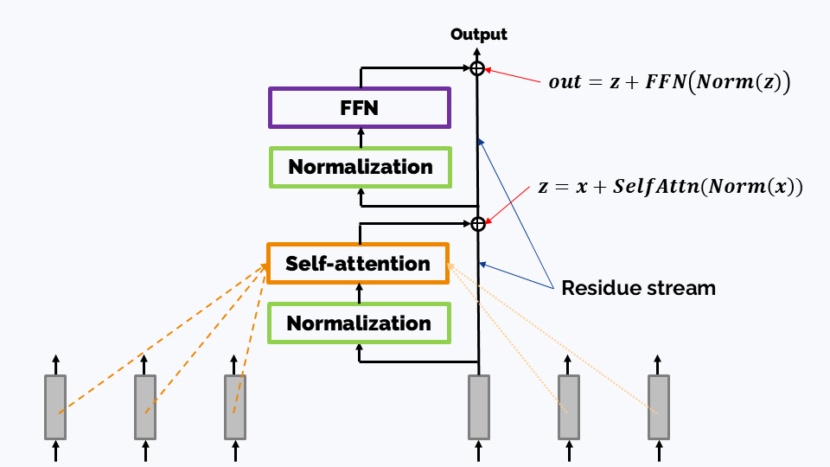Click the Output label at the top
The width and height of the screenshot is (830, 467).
point(478,35)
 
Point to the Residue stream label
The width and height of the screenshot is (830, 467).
point(638,288)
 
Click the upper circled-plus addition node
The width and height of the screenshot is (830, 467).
point(477,68)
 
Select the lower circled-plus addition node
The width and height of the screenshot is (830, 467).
point(478,224)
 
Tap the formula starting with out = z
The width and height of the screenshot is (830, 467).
point(669,81)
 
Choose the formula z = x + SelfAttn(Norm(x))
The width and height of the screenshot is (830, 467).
point(670,187)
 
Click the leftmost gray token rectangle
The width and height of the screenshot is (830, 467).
point(55,407)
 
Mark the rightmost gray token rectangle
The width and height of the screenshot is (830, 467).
point(659,407)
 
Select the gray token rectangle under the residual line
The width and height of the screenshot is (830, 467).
point(478,407)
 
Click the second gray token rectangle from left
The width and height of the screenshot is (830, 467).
point(145,407)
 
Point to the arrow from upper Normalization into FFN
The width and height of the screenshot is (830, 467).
point(361,138)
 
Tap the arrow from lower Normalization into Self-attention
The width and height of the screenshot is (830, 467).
point(360,293)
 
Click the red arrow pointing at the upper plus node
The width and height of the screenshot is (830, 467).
point(513,75)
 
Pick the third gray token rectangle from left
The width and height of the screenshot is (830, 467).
point(235,407)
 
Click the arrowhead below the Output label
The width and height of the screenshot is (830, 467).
point(477,52)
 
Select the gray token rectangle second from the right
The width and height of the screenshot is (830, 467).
point(569,407)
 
